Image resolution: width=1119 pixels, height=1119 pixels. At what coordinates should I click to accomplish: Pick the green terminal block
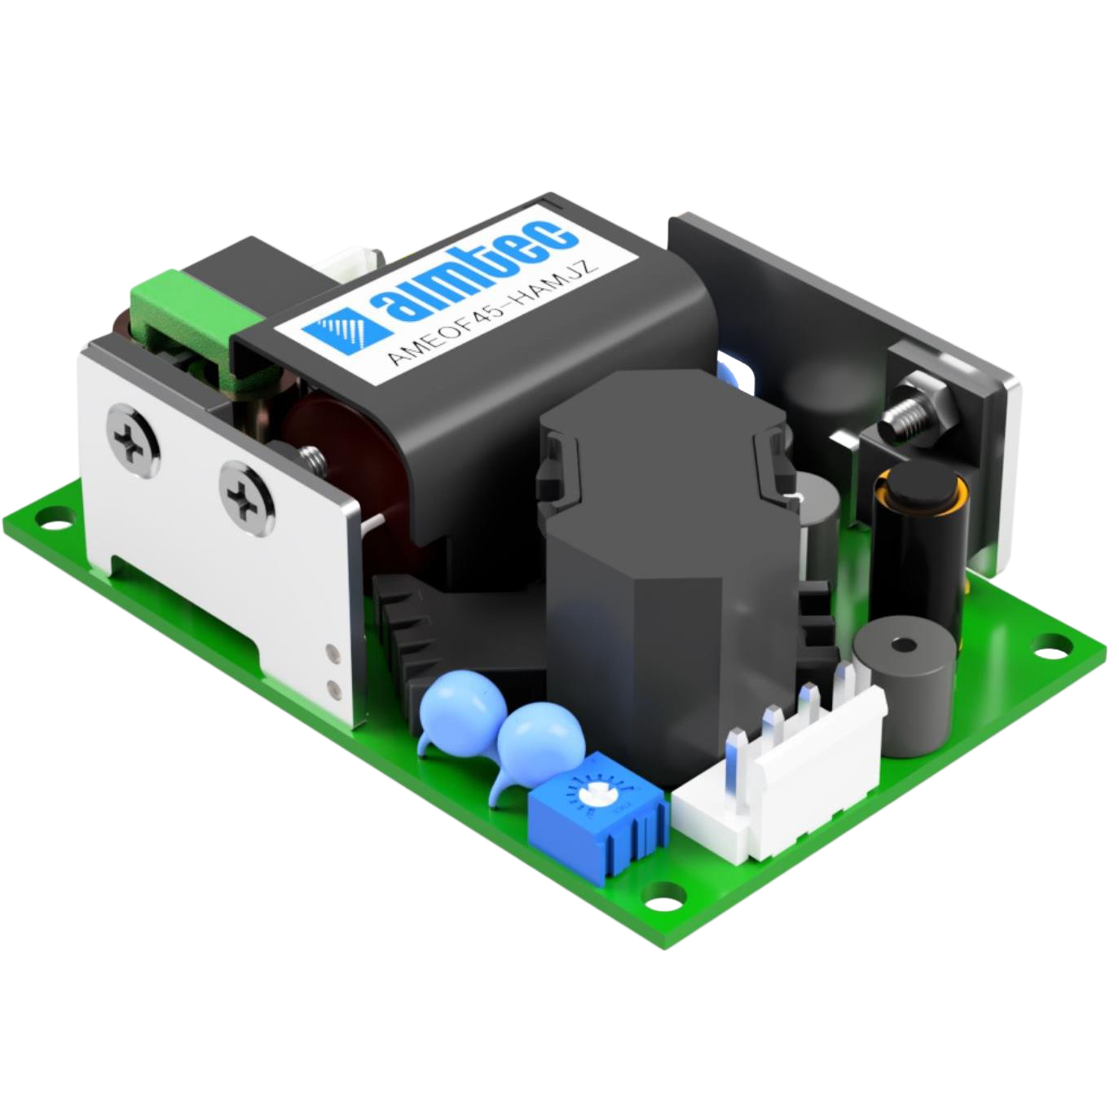204,326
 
